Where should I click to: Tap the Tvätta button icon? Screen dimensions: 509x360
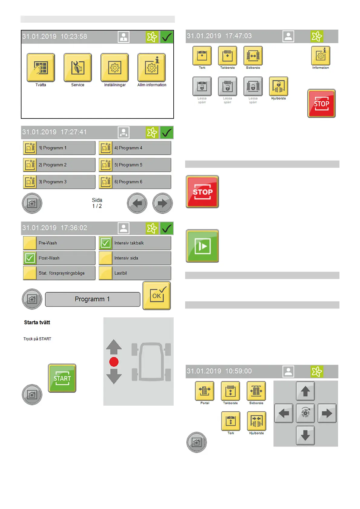[41, 67]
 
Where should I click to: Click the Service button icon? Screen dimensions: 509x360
[78, 67]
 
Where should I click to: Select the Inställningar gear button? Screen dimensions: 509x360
[115, 67]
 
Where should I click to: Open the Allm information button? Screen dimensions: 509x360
[152, 67]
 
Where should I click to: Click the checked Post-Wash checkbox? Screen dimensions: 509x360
[30, 258]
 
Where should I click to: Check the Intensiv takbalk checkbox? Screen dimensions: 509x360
[106, 243]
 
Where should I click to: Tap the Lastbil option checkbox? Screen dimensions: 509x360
[106, 273]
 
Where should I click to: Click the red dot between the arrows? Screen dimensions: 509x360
[114, 362]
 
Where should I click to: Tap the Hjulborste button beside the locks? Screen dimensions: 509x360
[278, 86]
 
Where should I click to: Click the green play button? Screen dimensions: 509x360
[202, 246]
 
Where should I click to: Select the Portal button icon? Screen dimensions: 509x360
[205, 391]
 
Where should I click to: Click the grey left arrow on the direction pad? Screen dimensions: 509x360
[284, 413]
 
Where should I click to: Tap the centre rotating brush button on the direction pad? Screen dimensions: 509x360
[305, 413]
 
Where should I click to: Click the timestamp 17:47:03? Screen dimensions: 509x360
[238, 36]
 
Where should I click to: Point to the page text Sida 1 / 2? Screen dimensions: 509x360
[97, 203]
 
